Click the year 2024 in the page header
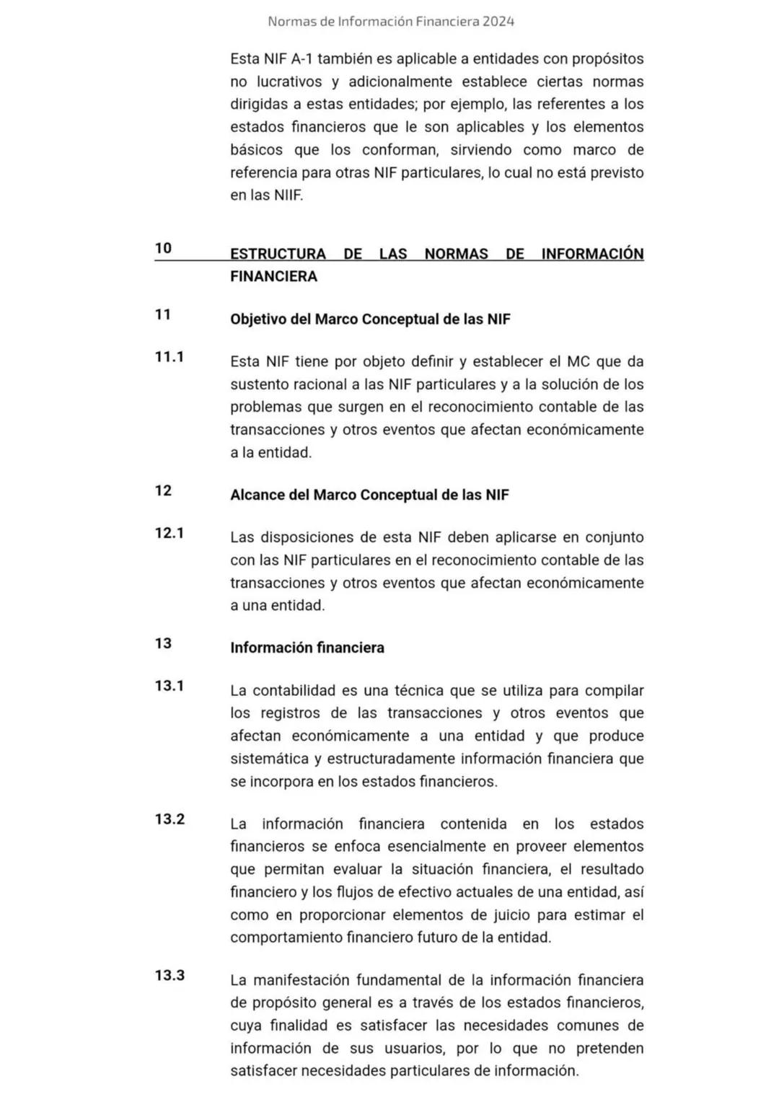click(498, 22)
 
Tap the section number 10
click(163, 248)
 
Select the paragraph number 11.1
click(170, 356)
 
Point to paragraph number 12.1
click(170, 533)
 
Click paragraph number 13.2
click(170, 819)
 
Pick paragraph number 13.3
click(170, 976)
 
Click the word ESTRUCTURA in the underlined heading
click(278, 254)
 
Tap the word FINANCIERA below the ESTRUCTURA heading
click(273, 276)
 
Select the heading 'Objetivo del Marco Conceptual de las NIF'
click(370, 319)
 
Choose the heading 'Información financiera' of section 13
click(307, 648)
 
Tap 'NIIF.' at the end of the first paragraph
click(288, 195)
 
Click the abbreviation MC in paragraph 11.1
click(578, 361)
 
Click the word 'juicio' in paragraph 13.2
click(534, 914)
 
